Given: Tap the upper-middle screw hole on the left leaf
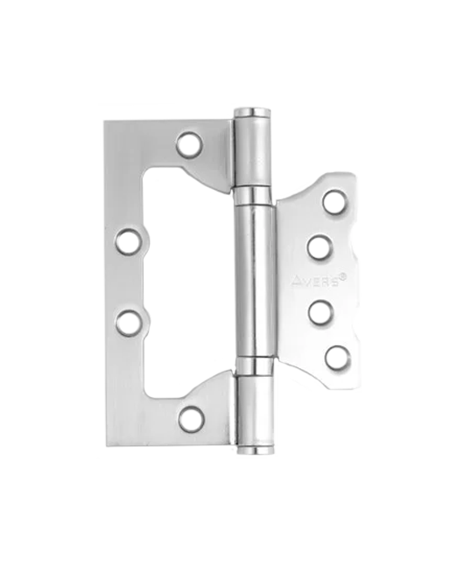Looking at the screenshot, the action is pos(129,241).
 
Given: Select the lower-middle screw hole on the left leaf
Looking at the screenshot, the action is pos(129,323).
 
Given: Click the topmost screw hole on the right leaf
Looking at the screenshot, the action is pos(334,201).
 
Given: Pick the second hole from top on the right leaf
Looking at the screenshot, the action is pos(320,247).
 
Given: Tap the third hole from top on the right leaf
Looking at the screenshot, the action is pos(320,312).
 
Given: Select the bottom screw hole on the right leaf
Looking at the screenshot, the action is pos(338,358).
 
